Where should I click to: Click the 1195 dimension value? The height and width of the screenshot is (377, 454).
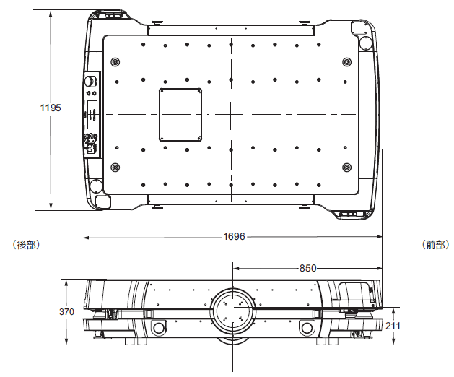point(51,108)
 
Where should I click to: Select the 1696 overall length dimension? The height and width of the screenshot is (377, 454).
point(235,236)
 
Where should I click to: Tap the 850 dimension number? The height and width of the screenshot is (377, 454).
point(307,268)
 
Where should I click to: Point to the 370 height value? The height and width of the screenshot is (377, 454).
point(66,311)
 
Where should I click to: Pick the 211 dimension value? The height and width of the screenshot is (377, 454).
point(393,326)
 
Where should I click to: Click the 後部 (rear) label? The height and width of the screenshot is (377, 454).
point(26,245)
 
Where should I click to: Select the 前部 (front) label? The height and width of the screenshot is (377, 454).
point(435,245)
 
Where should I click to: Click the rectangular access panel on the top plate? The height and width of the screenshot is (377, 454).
point(180,115)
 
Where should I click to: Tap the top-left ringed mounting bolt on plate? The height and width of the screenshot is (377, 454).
point(115,62)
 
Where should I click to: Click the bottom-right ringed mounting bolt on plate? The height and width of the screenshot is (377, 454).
point(347,168)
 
